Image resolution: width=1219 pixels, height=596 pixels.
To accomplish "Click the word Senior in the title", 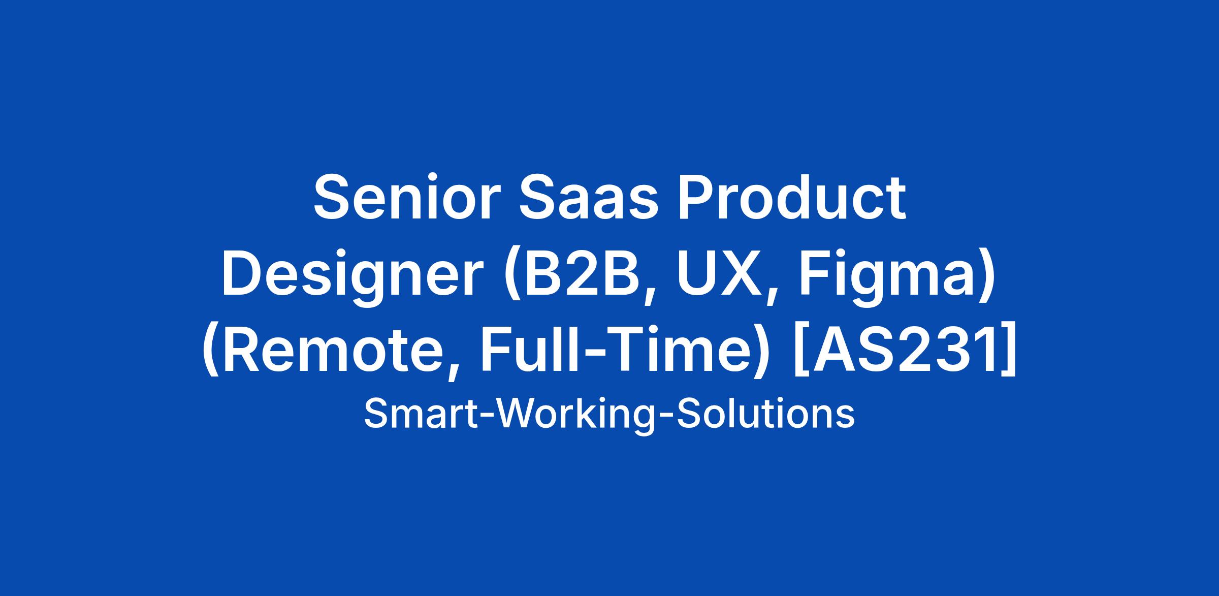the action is (x=403, y=197).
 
